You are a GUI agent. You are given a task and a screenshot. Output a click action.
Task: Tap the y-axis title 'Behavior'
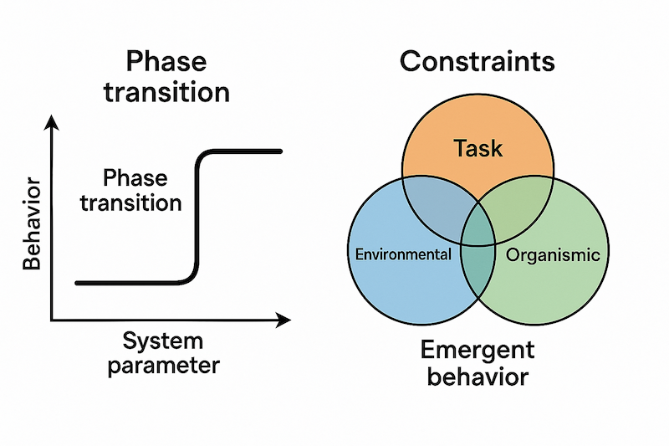click(x=33, y=222)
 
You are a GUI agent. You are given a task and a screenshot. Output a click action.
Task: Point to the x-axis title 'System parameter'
click(x=163, y=352)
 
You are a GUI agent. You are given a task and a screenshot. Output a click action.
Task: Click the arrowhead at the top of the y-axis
click(x=52, y=122)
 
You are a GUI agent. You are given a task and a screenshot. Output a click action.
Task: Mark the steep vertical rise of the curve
click(x=197, y=213)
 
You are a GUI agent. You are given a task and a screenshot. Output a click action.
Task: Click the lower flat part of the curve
click(x=125, y=283)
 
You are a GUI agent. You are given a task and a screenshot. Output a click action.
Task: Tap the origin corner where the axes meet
click(x=52, y=320)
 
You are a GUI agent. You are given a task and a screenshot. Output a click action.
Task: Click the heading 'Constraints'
click(x=477, y=61)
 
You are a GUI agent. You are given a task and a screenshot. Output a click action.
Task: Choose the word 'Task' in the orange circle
click(x=477, y=148)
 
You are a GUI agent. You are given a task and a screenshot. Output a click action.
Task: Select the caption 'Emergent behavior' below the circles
click(x=477, y=361)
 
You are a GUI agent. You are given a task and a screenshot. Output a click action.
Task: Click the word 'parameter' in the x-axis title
click(x=163, y=365)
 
